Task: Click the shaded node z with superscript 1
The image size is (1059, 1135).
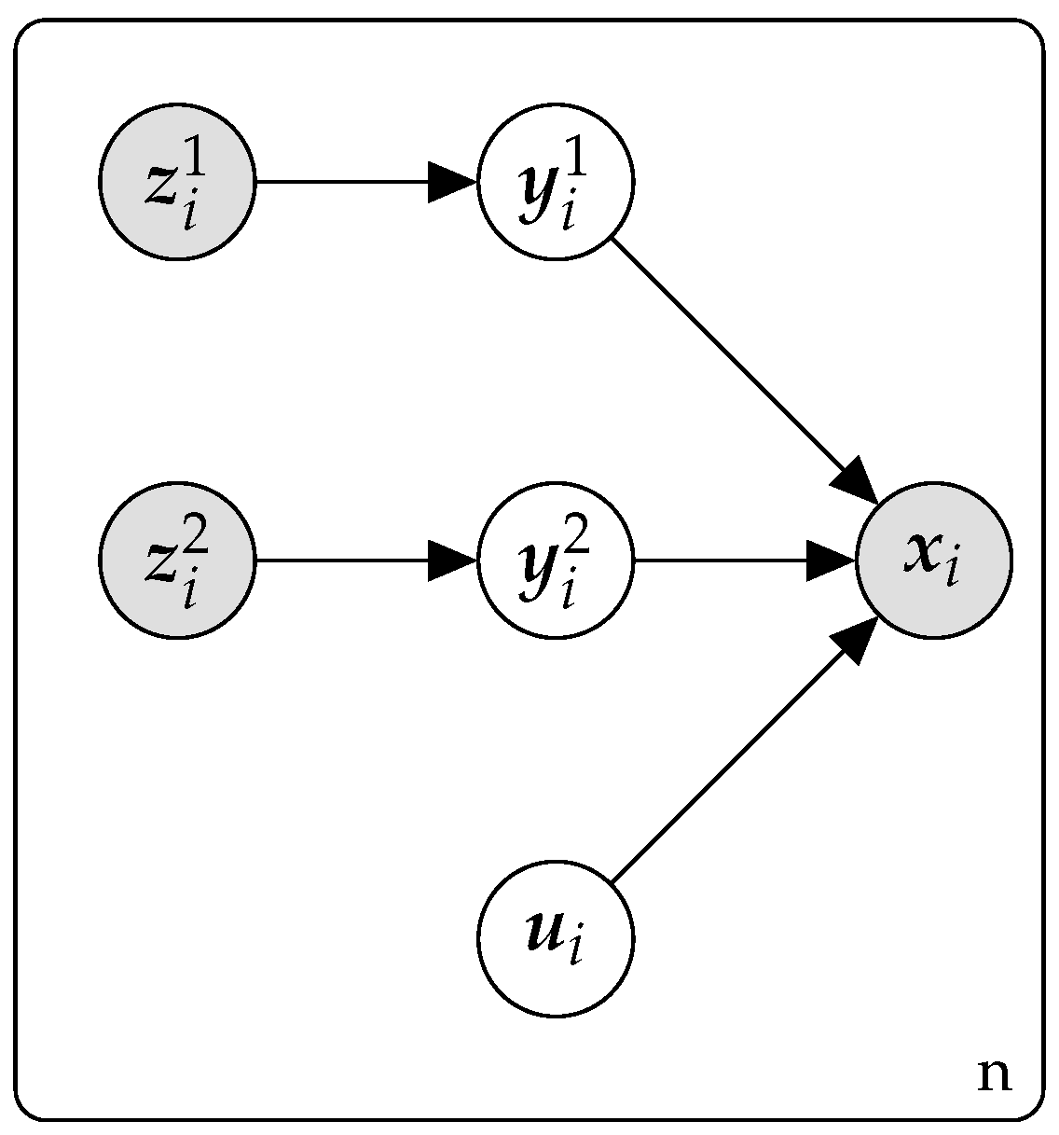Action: point(176,182)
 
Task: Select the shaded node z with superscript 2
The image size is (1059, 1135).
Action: point(176,561)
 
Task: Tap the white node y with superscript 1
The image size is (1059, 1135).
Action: point(556,182)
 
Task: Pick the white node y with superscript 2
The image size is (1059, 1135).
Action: point(556,561)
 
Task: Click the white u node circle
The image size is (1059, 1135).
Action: point(556,938)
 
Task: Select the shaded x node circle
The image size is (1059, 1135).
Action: point(933,561)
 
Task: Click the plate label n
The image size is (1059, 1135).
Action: point(994,1075)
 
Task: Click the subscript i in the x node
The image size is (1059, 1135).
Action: point(951,570)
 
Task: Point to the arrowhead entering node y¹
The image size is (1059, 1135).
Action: point(452,182)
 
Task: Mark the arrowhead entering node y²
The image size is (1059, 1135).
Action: point(452,561)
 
